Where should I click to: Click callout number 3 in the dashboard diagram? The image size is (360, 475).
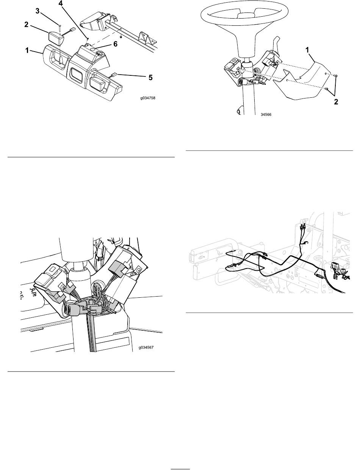click(x=38, y=11)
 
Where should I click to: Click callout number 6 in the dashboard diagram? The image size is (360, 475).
click(x=116, y=44)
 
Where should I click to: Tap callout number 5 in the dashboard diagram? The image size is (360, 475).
click(x=150, y=78)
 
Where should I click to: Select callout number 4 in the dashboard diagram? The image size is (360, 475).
click(x=61, y=3)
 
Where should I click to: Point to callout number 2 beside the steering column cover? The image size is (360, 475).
click(x=336, y=102)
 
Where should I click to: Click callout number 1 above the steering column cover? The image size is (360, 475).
click(x=307, y=50)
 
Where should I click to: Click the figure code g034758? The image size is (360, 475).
click(x=148, y=98)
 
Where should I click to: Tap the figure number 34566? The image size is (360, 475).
click(x=266, y=114)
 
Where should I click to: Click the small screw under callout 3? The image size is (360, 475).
click(x=59, y=28)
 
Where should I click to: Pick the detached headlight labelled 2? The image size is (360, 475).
click(x=56, y=38)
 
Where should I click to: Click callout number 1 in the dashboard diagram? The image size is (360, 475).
click(x=27, y=50)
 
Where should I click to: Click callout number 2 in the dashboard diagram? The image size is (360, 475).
click(x=26, y=25)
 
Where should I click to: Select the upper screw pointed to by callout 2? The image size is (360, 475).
click(x=336, y=75)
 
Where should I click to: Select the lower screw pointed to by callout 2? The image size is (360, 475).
click(x=327, y=89)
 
